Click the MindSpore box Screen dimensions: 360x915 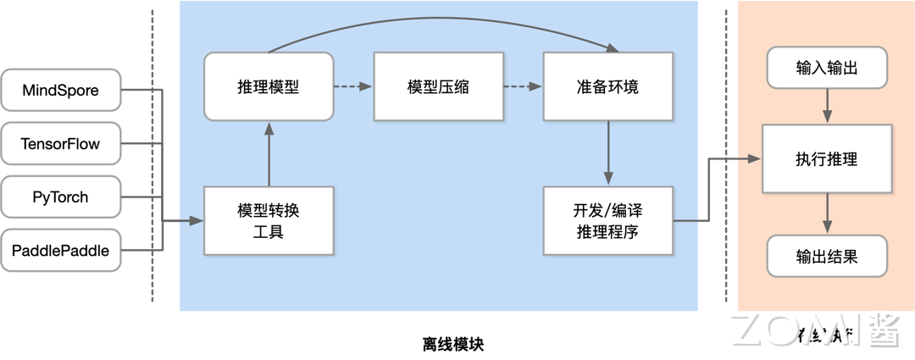(x=60, y=91)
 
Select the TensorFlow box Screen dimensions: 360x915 (x=60, y=144)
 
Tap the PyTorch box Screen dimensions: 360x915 (x=60, y=197)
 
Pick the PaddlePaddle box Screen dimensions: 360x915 (x=60, y=251)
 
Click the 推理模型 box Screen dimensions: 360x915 (x=269, y=87)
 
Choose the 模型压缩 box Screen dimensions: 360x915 (x=438, y=87)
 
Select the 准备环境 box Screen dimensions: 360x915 (x=607, y=87)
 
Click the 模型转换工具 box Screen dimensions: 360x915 (x=269, y=220)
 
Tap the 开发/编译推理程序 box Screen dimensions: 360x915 (x=607, y=220)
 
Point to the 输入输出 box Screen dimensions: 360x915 (x=827, y=68)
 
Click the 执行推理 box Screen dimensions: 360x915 (x=827, y=159)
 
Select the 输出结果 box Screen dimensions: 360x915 (x=827, y=256)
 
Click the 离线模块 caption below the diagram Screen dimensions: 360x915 (x=453, y=344)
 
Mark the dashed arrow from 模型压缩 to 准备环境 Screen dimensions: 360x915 (x=523, y=86)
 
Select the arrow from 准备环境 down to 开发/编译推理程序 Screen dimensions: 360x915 (x=607, y=152)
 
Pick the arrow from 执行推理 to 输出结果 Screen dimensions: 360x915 (x=827, y=213)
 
